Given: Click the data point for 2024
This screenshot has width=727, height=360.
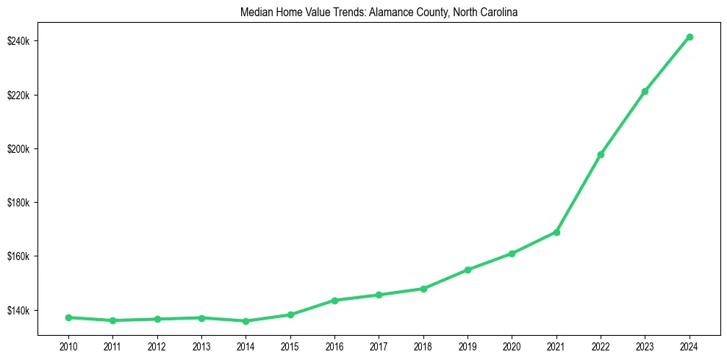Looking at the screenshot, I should coord(689,37).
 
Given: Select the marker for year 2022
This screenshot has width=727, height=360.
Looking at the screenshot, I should coord(601,154).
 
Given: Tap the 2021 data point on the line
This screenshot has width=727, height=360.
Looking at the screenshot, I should coord(556,232).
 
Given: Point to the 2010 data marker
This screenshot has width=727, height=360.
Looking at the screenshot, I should coord(68,317).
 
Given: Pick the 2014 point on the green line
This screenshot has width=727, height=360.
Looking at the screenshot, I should coord(246,321).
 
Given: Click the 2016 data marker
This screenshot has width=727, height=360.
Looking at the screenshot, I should coord(334,300).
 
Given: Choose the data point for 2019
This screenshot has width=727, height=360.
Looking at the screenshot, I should coord(468,270).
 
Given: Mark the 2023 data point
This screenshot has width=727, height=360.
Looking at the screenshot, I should coord(645,91).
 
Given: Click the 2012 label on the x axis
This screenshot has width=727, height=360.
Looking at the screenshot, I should coord(157,345).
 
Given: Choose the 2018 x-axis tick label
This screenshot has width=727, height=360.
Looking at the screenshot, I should coord(423,345).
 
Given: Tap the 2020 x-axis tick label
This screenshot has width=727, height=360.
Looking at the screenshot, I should coord(512,345).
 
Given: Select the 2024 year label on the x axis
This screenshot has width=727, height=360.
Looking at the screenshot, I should coord(689,345).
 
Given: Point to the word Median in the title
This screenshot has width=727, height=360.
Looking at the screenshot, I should coord(255,12).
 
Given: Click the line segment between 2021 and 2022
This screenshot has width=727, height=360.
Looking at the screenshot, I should coord(579,193).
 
